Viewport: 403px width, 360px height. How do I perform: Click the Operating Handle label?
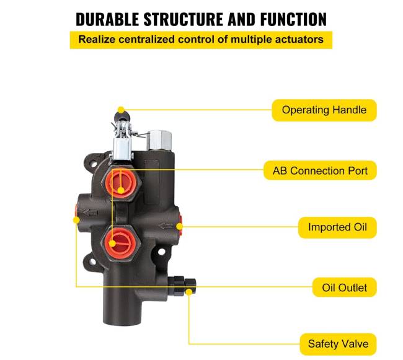pyautogui.click(x=324, y=110)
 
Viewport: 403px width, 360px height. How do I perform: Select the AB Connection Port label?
pyautogui.click(x=324, y=170)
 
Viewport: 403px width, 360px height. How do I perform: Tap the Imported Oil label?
pyautogui.click(x=337, y=227)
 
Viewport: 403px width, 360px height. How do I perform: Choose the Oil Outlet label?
pyautogui.click(x=344, y=288)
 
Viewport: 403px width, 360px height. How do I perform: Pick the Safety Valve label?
pyautogui.click(x=338, y=343)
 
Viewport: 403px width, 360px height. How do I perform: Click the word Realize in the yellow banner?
pyautogui.click(x=98, y=40)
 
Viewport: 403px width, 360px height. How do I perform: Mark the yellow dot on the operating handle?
pyautogui.click(x=121, y=110)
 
